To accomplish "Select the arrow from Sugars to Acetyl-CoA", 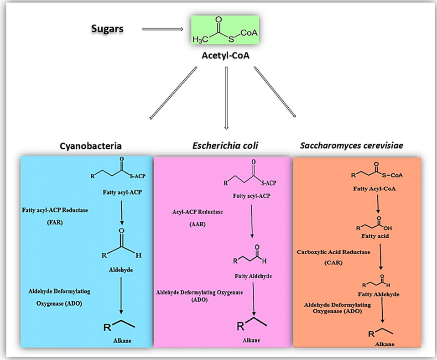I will coord(163,30).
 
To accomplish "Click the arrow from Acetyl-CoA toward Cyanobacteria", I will coord(173,94).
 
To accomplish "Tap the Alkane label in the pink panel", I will coord(252,339).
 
